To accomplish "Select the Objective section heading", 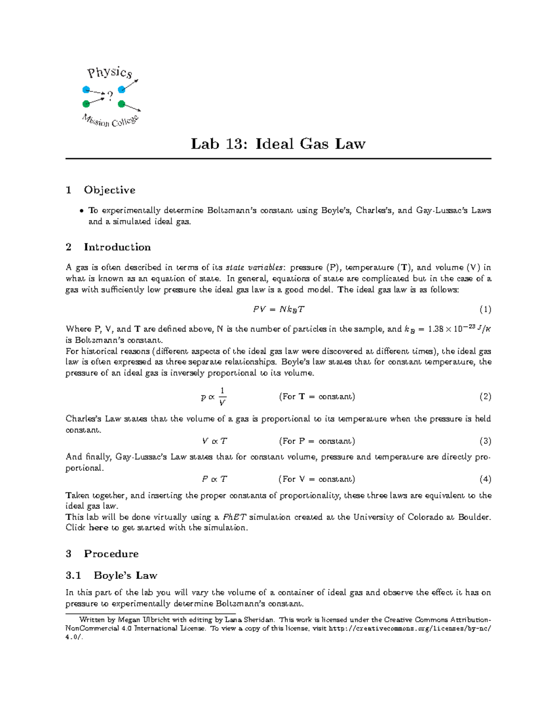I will point(110,190).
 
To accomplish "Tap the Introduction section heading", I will point(117,247).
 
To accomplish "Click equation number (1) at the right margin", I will point(485,310).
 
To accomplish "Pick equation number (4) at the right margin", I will point(485,479).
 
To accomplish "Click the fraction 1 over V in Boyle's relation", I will point(222,396).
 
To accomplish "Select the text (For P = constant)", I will point(317,441).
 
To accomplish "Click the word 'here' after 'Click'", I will point(98,528).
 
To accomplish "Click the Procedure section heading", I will point(111,554).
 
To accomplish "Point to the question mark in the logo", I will point(110,96).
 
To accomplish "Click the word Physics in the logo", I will point(110,72).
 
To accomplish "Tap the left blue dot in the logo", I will point(86,90).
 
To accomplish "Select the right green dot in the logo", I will point(122,104).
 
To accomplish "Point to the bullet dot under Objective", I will point(82,211).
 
